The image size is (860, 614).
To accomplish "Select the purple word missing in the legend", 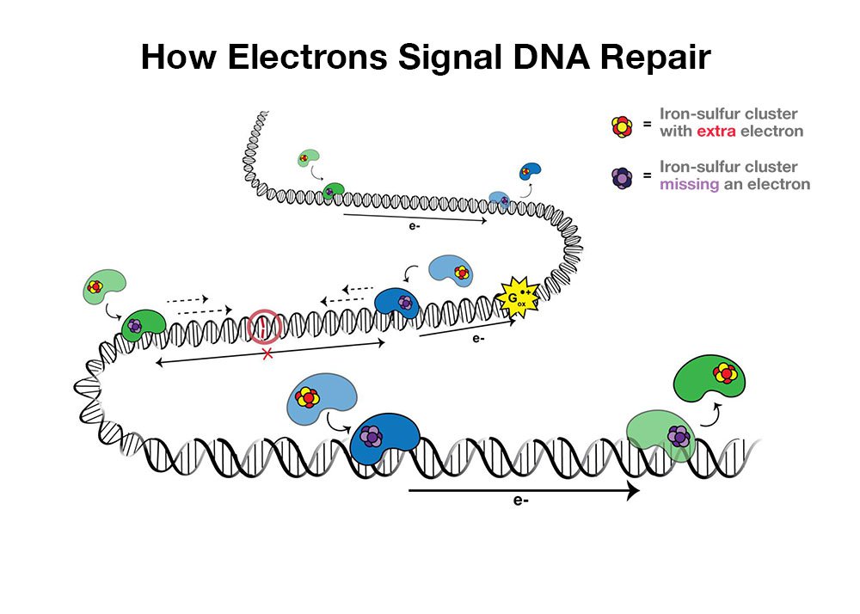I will pyautogui.click(x=688, y=184).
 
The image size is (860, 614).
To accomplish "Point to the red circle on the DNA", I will pyautogui.click(x=264, y=328).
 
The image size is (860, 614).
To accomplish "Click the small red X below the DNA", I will pyautogui.click(x=267, y=354).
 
